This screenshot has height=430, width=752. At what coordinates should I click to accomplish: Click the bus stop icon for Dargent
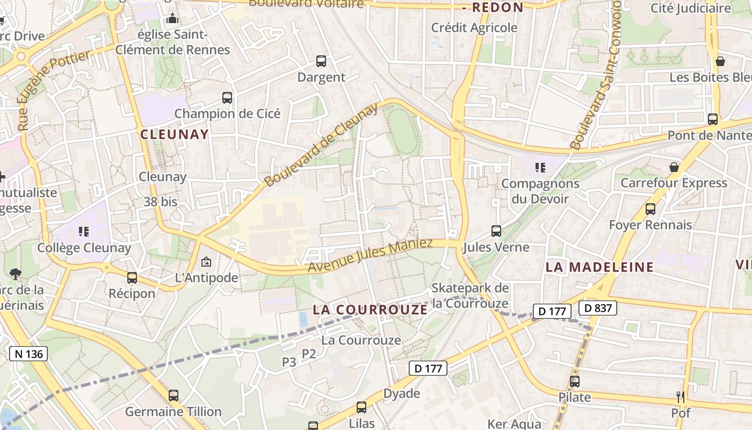click(x=321, y=61)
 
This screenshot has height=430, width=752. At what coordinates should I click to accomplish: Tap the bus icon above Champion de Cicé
click(x=227, y=98)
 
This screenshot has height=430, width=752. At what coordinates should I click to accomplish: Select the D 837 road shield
click(x=597, y=308)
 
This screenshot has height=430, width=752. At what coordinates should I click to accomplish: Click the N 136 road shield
click(x=28, y=354)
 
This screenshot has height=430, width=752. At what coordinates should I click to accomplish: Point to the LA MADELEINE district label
click(x=599, y=267)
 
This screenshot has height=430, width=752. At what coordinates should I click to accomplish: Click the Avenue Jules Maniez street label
click(x=370, y=255)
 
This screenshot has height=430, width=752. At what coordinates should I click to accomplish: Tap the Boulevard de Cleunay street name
click(x=321, y=146)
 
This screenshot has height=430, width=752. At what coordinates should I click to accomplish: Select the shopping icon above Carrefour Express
click(x=674, y=168)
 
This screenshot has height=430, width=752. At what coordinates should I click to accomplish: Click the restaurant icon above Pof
click(x=681, y=397)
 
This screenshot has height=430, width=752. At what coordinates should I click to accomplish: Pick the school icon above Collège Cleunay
click(x=84, y=232)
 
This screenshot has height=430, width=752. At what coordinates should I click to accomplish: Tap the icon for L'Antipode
click(x=206, y=262)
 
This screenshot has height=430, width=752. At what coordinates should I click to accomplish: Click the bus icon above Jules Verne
click(x=496, y=231)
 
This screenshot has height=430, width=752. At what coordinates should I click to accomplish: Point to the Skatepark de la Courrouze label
click(x=469, y=296)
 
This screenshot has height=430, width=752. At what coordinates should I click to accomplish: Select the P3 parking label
click(x=289, y=362)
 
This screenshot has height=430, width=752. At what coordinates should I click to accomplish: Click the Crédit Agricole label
click(x=474, y=27)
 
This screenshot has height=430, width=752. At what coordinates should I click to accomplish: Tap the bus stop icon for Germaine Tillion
click(x=173, y=396)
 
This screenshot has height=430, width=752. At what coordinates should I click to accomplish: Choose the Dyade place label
click(x=401, y=393)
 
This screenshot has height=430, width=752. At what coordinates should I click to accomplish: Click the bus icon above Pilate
click(x=575, y=382)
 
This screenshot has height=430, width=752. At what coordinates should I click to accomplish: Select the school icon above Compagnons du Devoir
click(x=540, y=168)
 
